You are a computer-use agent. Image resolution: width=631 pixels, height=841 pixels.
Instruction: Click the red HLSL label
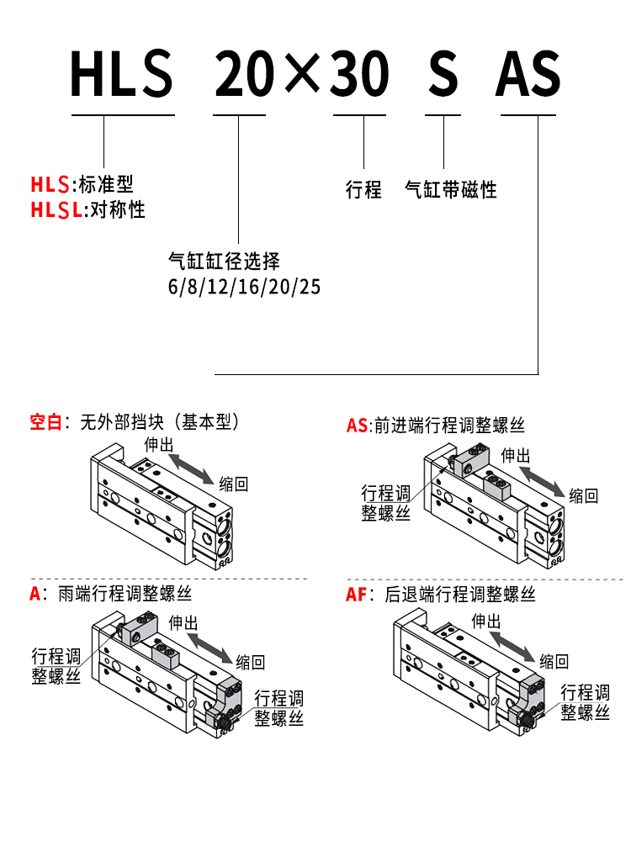(57, 209)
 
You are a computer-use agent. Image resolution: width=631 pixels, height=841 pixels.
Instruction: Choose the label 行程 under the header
(363, 189)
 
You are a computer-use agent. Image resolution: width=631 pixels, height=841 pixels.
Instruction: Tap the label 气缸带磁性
(451, 189)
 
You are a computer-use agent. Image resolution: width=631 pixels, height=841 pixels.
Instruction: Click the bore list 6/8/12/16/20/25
(244, 287)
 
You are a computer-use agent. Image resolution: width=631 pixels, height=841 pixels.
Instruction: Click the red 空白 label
(46, 422)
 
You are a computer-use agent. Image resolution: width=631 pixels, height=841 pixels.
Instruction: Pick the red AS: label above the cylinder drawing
(358, 426)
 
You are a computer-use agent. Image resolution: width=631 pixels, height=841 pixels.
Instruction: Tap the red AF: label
(358, 595)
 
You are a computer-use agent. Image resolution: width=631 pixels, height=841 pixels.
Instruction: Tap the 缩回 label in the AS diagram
(583, 495)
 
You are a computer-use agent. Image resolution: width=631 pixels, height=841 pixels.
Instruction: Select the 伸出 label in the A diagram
(184, 622)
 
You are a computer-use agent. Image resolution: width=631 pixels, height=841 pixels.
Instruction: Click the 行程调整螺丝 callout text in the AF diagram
(585, 702)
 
